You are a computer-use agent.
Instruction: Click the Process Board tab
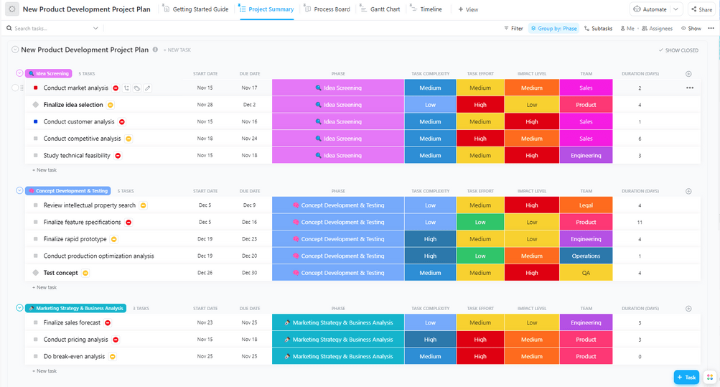(x=331, y=9)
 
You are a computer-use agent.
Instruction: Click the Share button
(x=701, y=9)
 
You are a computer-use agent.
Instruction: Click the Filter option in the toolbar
(x=513, y=29)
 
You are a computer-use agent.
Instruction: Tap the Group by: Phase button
(x=553, y=29)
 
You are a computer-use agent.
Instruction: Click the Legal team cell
(x=586, y=205)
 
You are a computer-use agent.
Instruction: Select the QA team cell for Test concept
(x=586, y=273)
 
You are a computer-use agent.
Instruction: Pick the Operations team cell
(x=586, y=256)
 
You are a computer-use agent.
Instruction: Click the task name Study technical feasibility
(x=77, y=155)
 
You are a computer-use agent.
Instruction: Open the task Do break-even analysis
(x=74, y=356)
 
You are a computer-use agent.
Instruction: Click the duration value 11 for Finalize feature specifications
(x=640, y=223)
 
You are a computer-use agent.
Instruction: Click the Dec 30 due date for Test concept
(x=249, y=273)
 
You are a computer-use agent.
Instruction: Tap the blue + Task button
(x=686, y=377)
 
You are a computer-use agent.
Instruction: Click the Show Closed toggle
(x=678, y=50)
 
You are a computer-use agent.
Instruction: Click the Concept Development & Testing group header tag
(x=68, y=191)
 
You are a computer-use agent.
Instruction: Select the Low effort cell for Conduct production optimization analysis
(x=480, y=256)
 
